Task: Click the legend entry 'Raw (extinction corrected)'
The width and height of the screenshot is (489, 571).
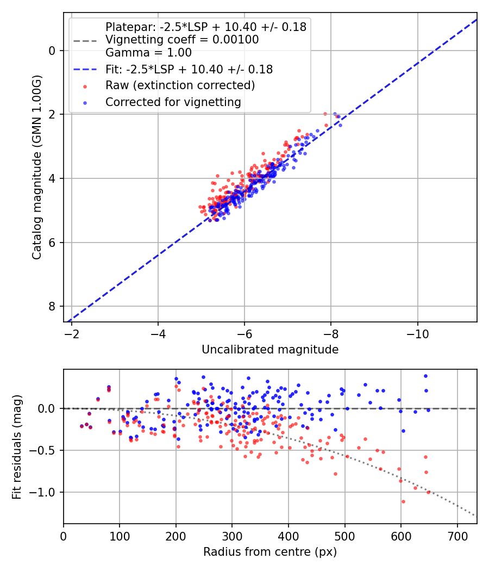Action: tap(180, 85)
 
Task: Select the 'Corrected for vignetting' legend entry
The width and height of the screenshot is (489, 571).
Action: tap(173, 102)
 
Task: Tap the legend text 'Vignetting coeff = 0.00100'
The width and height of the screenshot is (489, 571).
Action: tap(182, 40)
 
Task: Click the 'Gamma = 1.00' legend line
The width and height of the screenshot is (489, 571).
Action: tap(148, 53)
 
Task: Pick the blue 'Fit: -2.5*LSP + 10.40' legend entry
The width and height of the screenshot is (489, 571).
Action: tap(189, 70)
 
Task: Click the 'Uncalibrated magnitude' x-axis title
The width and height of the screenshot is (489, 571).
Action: tap(270, 350)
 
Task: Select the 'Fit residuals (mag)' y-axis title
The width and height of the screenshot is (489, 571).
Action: tap(17, 447)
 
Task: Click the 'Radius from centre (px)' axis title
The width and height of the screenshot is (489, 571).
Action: tap(270, 552)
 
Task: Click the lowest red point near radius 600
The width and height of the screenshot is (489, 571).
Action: tap(403, 501)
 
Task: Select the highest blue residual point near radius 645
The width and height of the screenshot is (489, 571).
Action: tap(425, 376)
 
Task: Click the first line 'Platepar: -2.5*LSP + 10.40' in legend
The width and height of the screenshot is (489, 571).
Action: tap(206, 27)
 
